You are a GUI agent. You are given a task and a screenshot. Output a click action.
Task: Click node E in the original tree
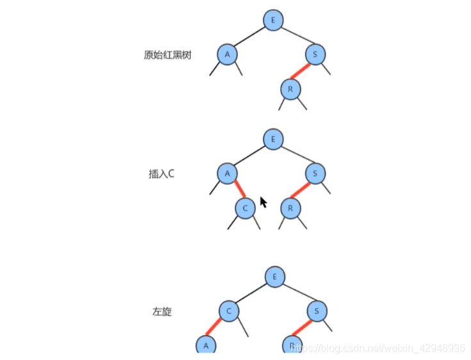coord(273,20)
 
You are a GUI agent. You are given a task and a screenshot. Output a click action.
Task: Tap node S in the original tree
coord(315,54)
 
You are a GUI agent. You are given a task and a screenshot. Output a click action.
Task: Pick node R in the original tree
coord(290,89)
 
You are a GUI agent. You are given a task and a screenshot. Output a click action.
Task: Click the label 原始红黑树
coord(168,54)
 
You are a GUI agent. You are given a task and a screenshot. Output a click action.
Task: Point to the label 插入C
coord(161,174)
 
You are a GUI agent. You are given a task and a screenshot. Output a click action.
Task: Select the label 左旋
coord(162,312)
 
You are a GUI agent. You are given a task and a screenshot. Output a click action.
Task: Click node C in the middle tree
coord(245,208)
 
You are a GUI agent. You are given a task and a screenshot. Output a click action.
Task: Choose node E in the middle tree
coord(273,138)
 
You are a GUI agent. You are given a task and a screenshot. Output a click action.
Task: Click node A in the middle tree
coord(226,173)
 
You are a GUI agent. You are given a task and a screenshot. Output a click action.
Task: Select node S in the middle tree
coord(315,173)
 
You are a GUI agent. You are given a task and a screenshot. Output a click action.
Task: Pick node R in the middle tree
coord(290,208)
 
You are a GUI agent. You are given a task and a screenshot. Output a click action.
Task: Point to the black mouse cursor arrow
coord(262,203)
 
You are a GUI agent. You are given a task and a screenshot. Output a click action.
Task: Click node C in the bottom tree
coord(228,311)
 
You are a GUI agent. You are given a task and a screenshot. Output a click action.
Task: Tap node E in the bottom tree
coord(275,277)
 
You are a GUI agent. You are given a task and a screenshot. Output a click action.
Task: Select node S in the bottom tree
coord(317,311)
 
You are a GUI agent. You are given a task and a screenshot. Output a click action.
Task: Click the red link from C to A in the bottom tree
coord(216,328)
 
